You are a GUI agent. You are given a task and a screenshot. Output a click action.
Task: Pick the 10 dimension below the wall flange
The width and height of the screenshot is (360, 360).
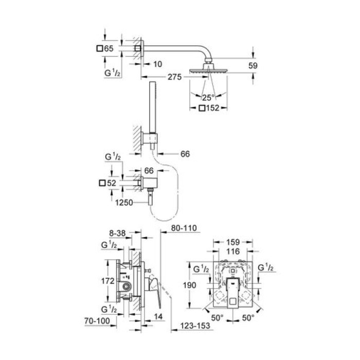[157, 64]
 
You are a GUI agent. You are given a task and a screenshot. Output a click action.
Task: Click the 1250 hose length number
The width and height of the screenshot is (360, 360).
[124, 203]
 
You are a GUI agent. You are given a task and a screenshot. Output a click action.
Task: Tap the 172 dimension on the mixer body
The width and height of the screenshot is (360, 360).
[107, 281]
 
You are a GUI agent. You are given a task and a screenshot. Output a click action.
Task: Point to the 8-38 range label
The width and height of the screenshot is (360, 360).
[117, 232]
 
